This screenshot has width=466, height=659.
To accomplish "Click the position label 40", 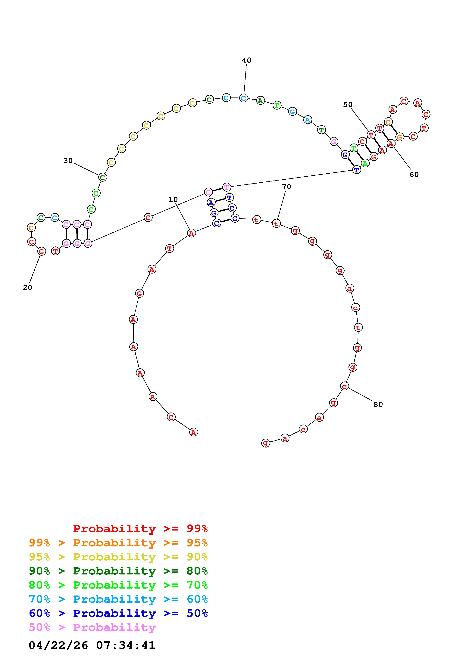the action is click(246, 60).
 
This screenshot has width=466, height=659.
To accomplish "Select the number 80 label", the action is click(378, 404).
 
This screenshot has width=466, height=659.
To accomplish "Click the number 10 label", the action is click(173, 200).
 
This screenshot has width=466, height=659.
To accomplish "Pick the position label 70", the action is click(286, 187).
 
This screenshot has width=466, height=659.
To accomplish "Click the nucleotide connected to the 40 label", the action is click(243, 98).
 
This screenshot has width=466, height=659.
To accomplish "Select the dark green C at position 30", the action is click(102, 177).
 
